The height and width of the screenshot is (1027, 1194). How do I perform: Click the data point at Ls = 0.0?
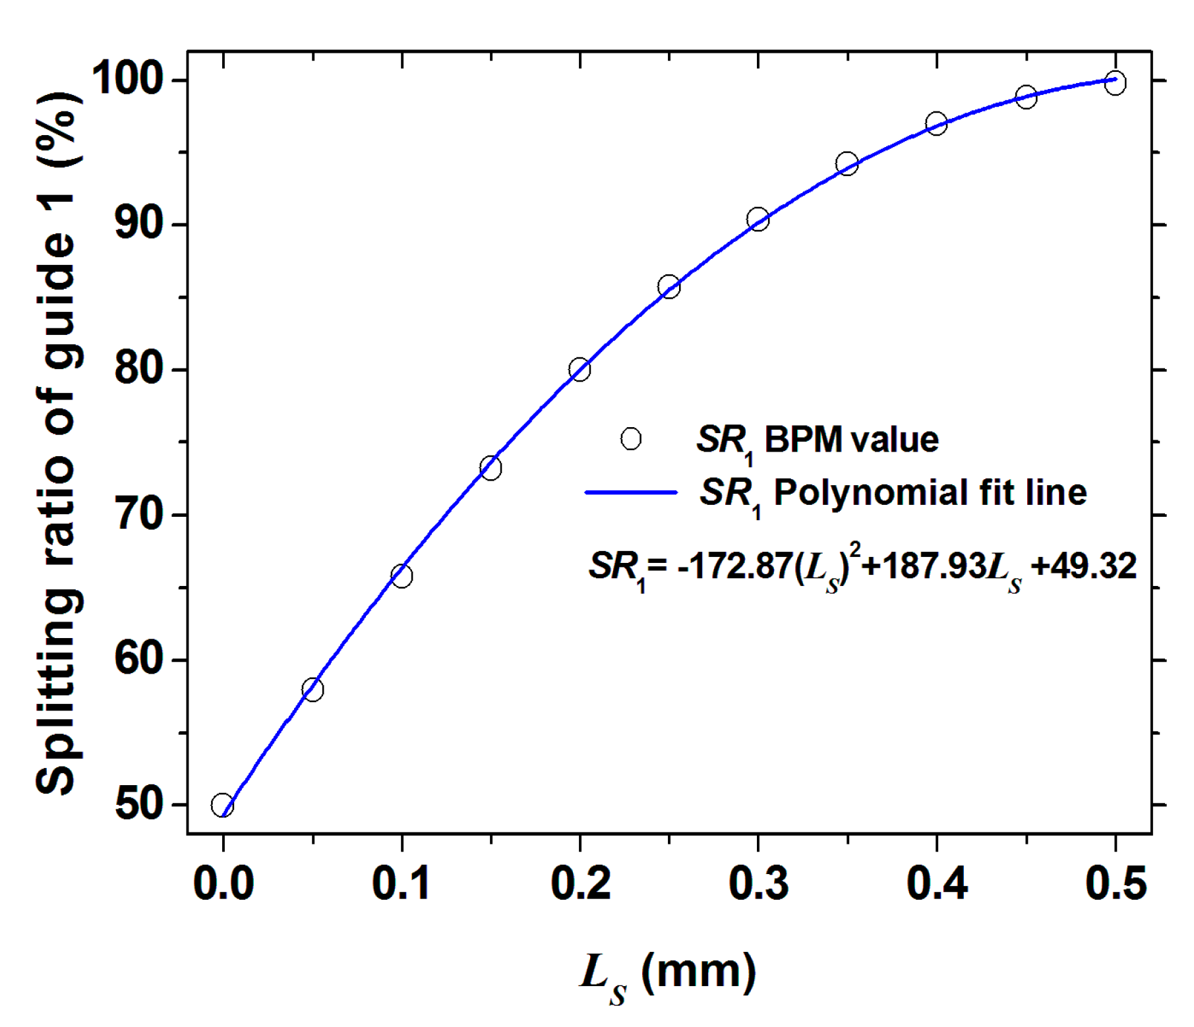click(222, 805)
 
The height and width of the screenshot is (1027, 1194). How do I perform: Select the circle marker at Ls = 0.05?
click(313, 690)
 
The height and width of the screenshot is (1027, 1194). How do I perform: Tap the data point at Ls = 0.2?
click(580, 369)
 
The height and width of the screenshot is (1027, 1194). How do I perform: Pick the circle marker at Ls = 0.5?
click(1115, 83)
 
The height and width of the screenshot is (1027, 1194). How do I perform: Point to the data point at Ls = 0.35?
click(847, 163)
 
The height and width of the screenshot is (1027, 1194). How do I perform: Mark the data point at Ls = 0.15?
click(491, 468)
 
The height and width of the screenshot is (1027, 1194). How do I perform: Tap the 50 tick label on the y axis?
click(139, 804)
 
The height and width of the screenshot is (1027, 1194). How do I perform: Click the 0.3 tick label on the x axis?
click(758, 883)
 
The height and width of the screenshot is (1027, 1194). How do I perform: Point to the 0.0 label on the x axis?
click(224, 883)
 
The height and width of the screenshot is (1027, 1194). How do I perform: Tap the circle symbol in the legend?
click(631, 438)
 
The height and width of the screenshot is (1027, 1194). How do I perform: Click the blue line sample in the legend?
click(631, 492)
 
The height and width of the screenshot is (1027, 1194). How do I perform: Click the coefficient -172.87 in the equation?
click(734, 566)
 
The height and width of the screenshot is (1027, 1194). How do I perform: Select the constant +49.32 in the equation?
click(1084, 566)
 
